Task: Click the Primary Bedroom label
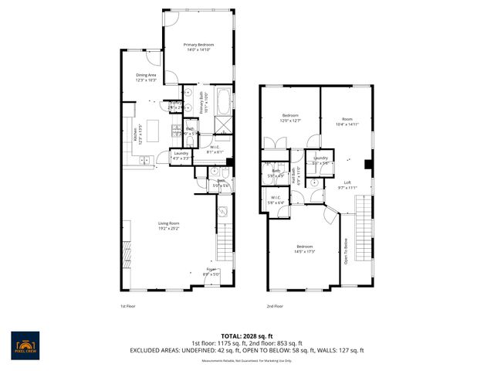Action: point(198,48)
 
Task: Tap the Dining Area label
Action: point(146,77)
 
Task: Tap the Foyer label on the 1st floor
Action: point(211,271)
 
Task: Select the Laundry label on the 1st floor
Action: point(181,155)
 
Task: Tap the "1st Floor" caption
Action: point(128,305)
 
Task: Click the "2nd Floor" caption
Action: point(274,305)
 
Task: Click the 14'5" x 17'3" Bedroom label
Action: point(304,250)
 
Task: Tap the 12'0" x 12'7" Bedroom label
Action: point(289,117)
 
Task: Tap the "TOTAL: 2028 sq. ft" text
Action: point(246,336)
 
